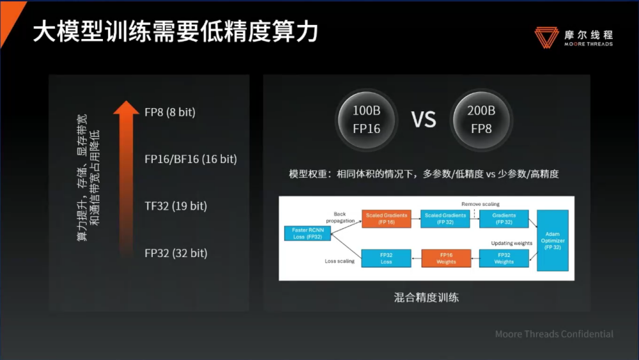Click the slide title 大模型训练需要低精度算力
[175, 31]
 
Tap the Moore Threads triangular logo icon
[546, 36]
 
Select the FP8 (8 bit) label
[170, 112]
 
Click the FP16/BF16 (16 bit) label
[190, 159]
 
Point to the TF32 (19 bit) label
[176, 206]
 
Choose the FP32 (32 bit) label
[176, 253]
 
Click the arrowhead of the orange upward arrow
[126, 107]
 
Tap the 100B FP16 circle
[366, 119]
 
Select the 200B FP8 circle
[481, 119]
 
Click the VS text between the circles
[423, 120]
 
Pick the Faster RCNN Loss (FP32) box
[308, 233]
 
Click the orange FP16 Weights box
[446, 258]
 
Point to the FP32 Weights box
[504, 258]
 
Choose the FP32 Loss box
[386, 258]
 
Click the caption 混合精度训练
[426, 297]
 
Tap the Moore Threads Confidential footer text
[554, 334]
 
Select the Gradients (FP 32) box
[504, 219]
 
